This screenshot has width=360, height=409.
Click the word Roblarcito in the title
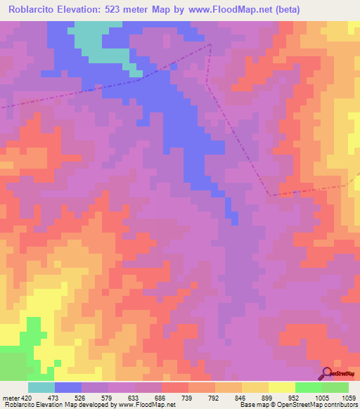(x=36, y=10)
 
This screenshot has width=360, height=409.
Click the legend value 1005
(x=321, y=398)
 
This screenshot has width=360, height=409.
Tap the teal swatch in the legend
(x=41, y=387)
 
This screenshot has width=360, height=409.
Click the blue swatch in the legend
(x=68, y=387)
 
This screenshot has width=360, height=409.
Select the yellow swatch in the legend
(x=282, y=387)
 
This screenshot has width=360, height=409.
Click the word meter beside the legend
(x=11, y=398)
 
